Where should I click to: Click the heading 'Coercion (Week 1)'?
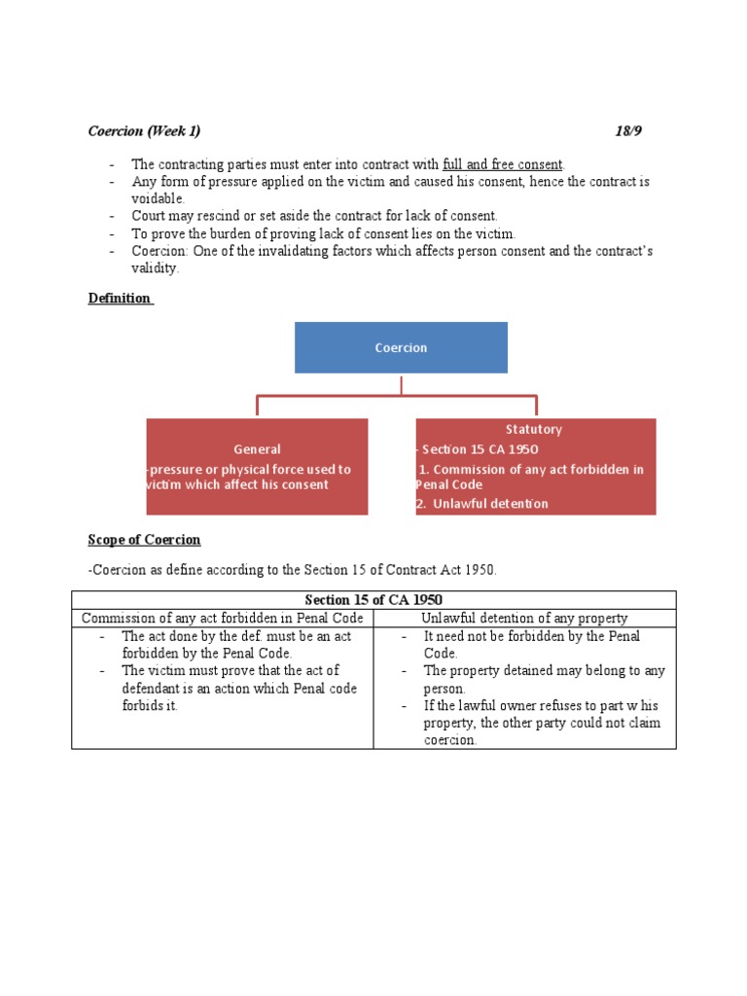coord(144,131)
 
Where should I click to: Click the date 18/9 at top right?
coord(628,131)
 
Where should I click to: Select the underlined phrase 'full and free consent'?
coord(502,164)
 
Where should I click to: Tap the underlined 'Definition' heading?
coord(120,298)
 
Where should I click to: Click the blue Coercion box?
coord(401,347)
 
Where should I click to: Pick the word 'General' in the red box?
coord(257,449)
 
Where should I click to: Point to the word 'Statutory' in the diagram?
coord(533,429)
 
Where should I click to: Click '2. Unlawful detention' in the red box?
coord(481,504)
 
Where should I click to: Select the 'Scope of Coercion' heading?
coord(144,539)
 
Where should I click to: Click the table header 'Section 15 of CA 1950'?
coord(373,600)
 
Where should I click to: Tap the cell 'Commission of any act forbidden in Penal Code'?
coord(223,618)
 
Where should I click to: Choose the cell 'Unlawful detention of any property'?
coord(524,618)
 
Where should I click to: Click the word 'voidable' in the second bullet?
coord(158,198)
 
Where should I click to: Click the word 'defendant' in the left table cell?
coord(158,688)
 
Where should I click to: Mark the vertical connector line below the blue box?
coord(401,384)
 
